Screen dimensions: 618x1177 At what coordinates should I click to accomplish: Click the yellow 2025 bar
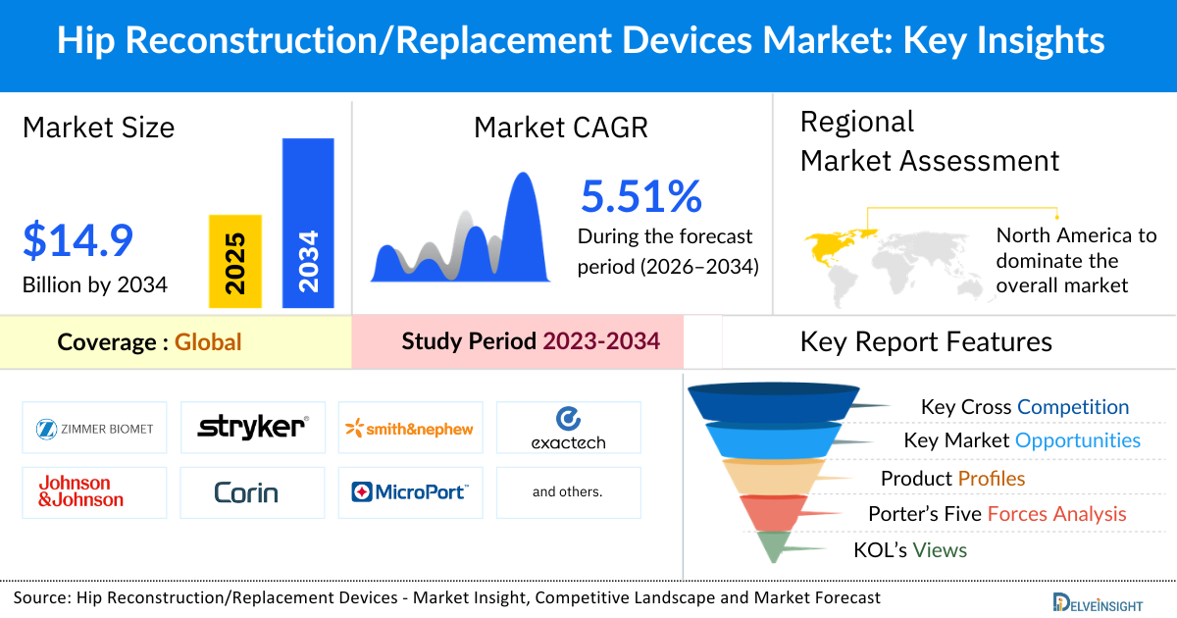(x=235, y=261)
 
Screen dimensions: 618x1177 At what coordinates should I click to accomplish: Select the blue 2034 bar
(x=308, y=222)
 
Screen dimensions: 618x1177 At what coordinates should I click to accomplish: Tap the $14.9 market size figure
(x=77, y=241)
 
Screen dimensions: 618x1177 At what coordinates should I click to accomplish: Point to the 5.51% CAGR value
(x=641, y=196)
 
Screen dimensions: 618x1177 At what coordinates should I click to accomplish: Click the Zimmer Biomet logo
(x=94, y=429)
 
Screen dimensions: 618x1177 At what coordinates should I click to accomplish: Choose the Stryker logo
(x=253, y=428)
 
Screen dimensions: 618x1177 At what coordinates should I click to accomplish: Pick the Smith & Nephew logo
(x=410, y=429)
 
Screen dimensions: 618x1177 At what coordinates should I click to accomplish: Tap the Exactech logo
(x=568, y=429)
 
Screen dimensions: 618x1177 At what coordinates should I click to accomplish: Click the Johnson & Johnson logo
(x=81, y=491)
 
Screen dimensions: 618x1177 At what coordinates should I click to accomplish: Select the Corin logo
(x=246, y=491)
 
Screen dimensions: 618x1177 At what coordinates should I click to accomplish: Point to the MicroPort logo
(x=410, y=491)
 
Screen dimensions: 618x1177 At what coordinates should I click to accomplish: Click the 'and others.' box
(x=568, y=491)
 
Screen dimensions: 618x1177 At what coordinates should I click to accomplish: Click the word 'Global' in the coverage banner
(x=208, y=342)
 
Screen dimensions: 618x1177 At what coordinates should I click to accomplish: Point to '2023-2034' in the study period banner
(x=600, y=341)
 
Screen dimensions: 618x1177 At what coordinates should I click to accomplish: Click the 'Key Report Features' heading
(x=926, y=341)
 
